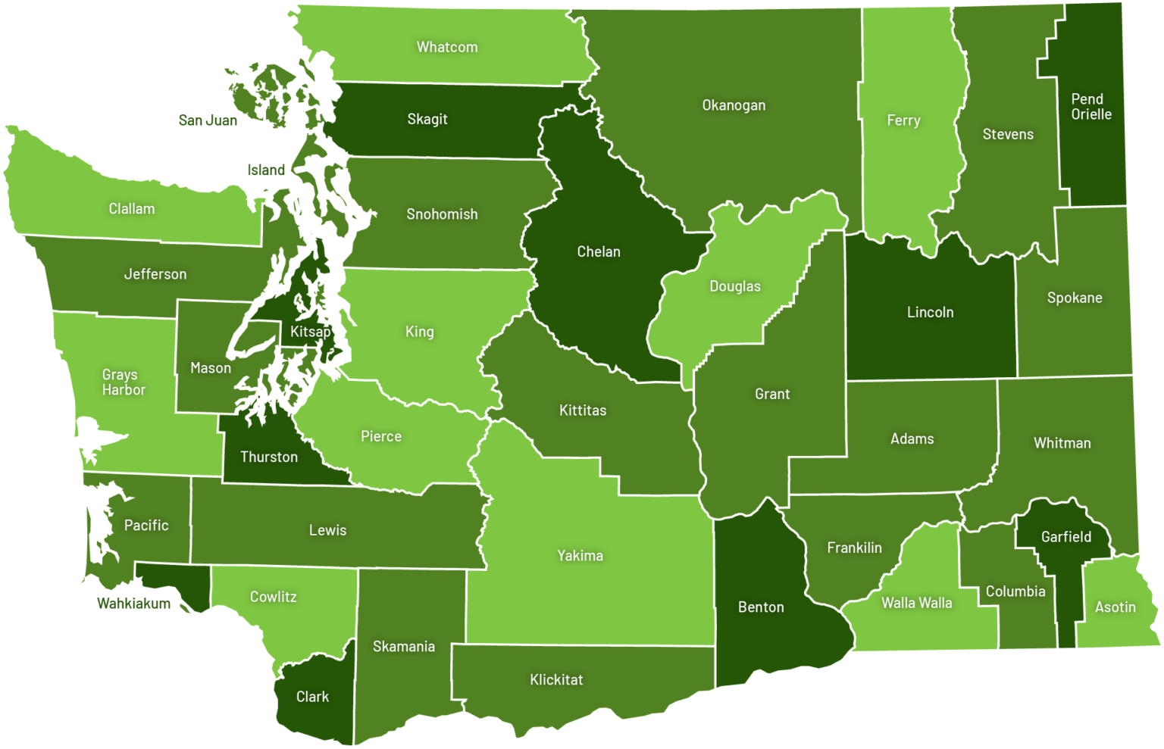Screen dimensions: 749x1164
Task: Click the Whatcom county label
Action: click(x=447, y=47)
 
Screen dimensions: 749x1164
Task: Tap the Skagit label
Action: click(x=427, y=119)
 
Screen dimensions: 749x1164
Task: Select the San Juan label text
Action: click(x=208, y=120)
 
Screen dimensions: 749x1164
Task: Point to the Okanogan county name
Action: click(x=734, y=105)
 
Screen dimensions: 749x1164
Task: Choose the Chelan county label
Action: click(x=599, y=251)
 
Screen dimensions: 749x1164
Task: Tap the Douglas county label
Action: click(x=734, y=286)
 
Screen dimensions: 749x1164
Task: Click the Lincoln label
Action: click(x=930, y=312)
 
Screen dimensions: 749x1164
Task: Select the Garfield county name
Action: click(x=1066, y=537)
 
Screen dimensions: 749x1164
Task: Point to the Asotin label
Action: click(x=1115, y=607)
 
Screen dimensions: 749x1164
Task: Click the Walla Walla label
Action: click(x=916, y=603)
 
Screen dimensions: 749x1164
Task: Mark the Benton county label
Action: click(x=761, y=607)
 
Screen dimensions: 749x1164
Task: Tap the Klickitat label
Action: click(x=556, y=679)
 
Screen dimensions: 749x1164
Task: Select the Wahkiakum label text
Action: click(x=133, y=604)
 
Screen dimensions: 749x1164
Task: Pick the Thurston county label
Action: click(x=269, y=457)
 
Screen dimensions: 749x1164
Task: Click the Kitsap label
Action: click(x=311, y=332)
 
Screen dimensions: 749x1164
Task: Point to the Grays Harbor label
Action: click(x=124, y=382)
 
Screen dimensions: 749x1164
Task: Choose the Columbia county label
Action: click(x=1015, y=591)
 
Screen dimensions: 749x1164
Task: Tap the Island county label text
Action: click(x=266, y=170)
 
